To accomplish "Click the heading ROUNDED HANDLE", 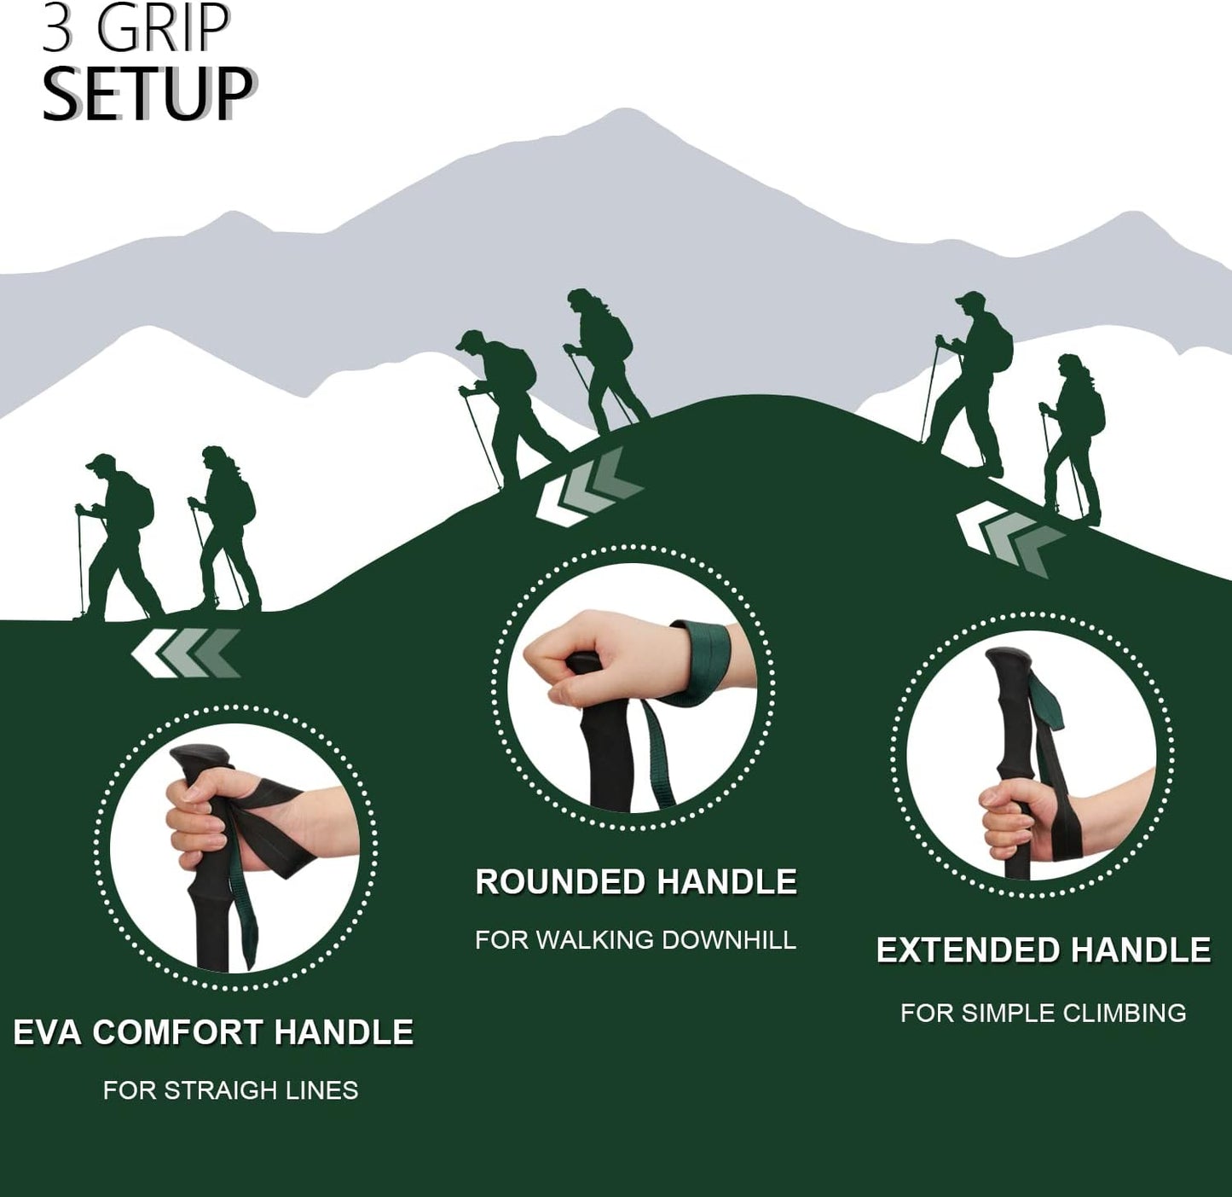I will click(636, 881).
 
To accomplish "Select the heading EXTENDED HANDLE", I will click(1044, 950).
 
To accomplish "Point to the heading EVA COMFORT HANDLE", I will click(213, 1031).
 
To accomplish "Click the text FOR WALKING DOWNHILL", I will click(635, 939).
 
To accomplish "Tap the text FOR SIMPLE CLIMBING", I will click(1043, 1013).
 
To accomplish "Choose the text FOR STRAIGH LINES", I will click(230, 1090).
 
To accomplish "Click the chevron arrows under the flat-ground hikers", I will click(186, 653).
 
